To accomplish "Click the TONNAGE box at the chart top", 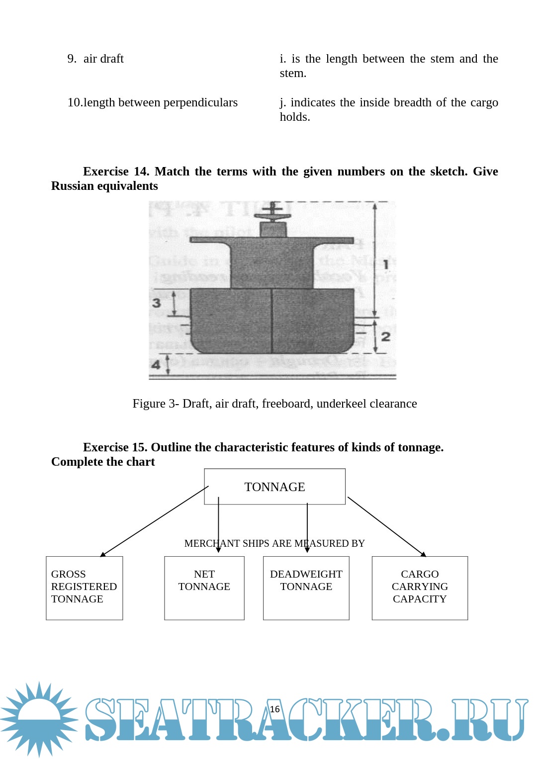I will (x=274, y=487).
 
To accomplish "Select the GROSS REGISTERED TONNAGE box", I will (x=84, y=588).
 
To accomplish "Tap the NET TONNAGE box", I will (x=204, y=588).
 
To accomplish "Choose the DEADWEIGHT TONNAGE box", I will (x=306, y=588).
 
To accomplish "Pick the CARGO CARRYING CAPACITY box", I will (x=420, y=588).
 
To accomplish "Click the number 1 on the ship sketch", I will (x=385, y=264).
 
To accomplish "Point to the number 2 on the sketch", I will (x=385, y=337).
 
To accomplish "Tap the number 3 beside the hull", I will (x=157, y=303).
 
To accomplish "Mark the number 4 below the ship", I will (x=156, y=365).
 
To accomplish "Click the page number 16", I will (x=275, y=709).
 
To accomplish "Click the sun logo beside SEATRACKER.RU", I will (x=39, y=719).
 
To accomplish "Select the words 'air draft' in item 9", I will (x=103, y=59).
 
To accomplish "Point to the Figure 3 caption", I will (x=274, y=404).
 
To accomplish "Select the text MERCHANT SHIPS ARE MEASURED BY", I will (x=274, y=543).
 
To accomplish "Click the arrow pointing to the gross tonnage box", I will (x=154, y=521).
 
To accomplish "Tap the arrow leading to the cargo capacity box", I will (x=387, y=526).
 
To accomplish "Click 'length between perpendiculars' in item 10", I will (x=160, y=102).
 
